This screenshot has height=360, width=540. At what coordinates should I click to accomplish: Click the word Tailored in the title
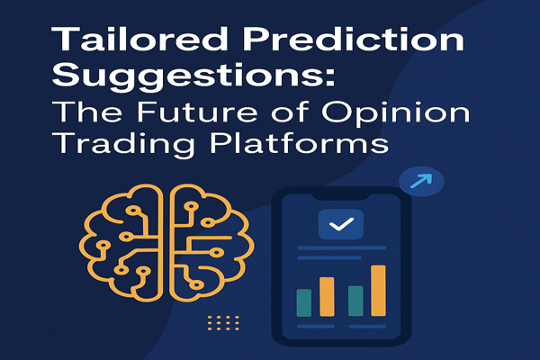click(139, 39)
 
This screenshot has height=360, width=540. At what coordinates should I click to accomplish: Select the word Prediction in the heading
click(355, 39)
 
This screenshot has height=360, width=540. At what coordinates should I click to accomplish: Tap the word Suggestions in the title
click(188, 76)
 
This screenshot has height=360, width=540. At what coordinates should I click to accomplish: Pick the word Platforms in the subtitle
click(300, 142)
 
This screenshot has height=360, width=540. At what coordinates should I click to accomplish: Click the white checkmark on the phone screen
click(341, 224)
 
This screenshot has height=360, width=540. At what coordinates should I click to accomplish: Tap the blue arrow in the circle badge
click(421, 181)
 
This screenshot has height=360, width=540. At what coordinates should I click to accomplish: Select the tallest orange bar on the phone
click(378, 291)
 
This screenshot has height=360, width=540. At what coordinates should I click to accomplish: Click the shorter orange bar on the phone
click(327, 297)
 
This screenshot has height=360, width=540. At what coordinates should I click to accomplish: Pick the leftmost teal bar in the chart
click(304, 302)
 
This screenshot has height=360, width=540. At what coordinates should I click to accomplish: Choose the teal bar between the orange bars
click(355, 301)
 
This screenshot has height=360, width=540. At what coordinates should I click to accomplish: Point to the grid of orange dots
click(223, 323)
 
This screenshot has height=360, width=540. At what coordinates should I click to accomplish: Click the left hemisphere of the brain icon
click(121, 243)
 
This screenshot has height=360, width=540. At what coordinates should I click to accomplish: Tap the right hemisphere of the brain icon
click(211, 243)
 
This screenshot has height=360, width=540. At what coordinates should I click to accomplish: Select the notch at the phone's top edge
click(341, 197)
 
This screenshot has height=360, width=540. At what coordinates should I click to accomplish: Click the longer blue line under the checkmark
click(341, 247)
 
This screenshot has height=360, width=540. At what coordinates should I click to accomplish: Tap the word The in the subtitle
click(87, 112)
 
